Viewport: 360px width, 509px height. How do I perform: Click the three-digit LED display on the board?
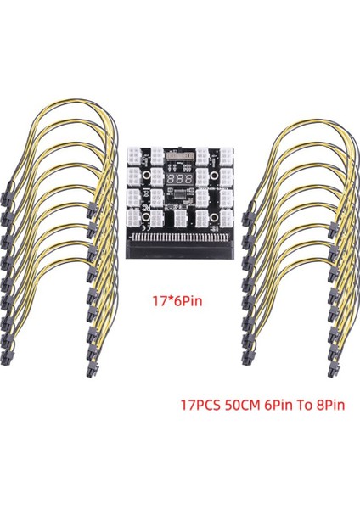177,181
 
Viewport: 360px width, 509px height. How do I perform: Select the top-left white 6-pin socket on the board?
136,159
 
